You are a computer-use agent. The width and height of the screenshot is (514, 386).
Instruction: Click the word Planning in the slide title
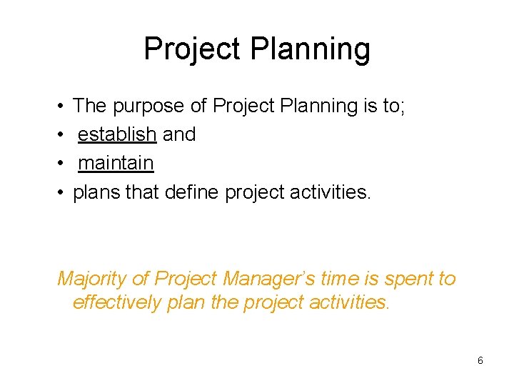click(311, 50)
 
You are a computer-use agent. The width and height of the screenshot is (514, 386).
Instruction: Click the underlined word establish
click(117, 134)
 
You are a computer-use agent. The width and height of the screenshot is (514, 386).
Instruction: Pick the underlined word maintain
click(116, 163)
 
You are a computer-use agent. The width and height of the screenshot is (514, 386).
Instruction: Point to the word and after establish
click(179, 134)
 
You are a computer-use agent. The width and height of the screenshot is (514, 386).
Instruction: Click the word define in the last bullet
click(192, 192)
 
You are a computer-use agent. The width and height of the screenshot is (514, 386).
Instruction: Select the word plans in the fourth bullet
click(95, 192)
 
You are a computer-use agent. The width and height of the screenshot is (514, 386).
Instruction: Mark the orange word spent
click(410, 279)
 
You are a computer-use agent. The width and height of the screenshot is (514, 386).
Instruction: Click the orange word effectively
click(117, 302)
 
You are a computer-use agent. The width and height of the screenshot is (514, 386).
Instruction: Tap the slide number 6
click(480, 361)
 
